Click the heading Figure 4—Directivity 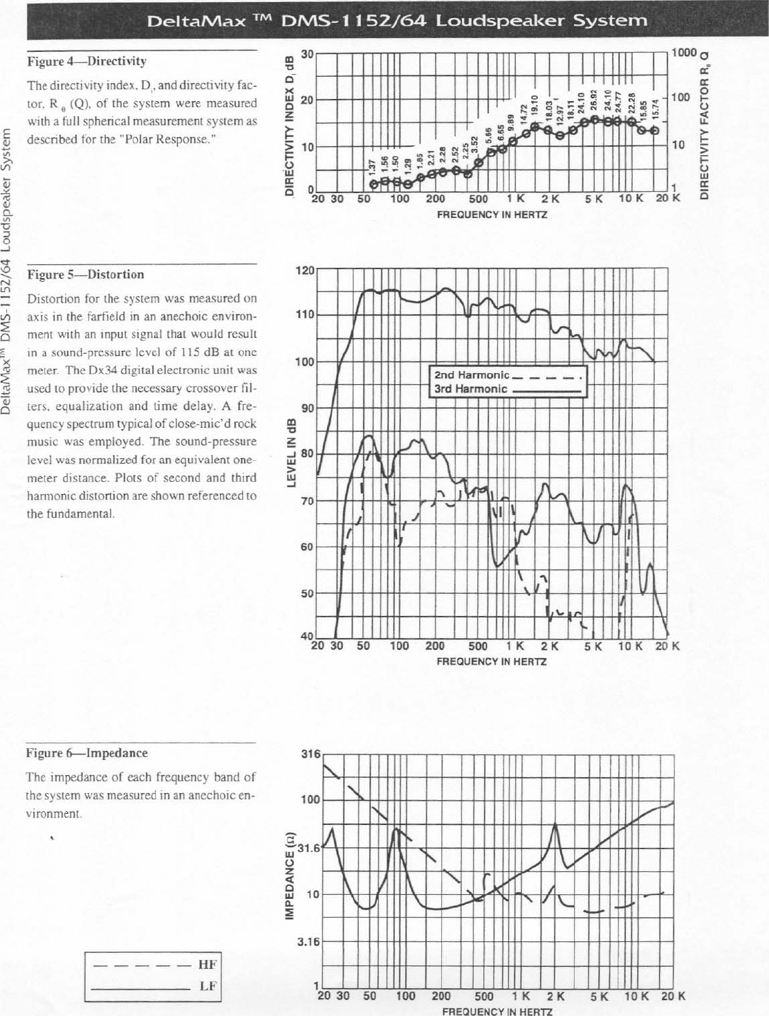pyautogui.click(x=86, y=62)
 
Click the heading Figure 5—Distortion pyautogui.click(x=85, y=275)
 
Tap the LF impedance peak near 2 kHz pyautogui.click(x=555, y=825)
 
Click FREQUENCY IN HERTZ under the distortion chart pyautogui.click(x=492, y=662)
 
